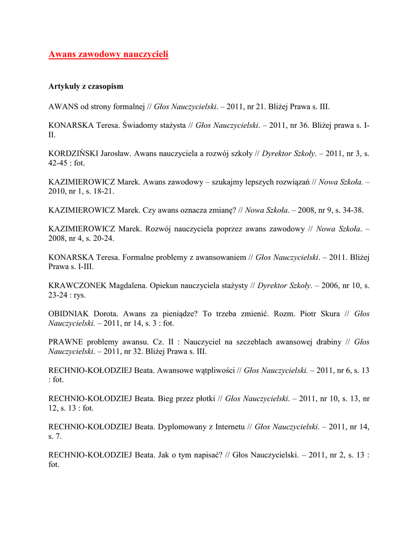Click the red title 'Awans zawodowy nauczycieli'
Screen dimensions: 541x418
[108, 54]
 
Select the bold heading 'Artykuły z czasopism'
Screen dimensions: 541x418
[86, 86]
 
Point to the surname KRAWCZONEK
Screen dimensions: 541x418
[77, 286]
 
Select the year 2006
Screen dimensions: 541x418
[329, 286]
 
